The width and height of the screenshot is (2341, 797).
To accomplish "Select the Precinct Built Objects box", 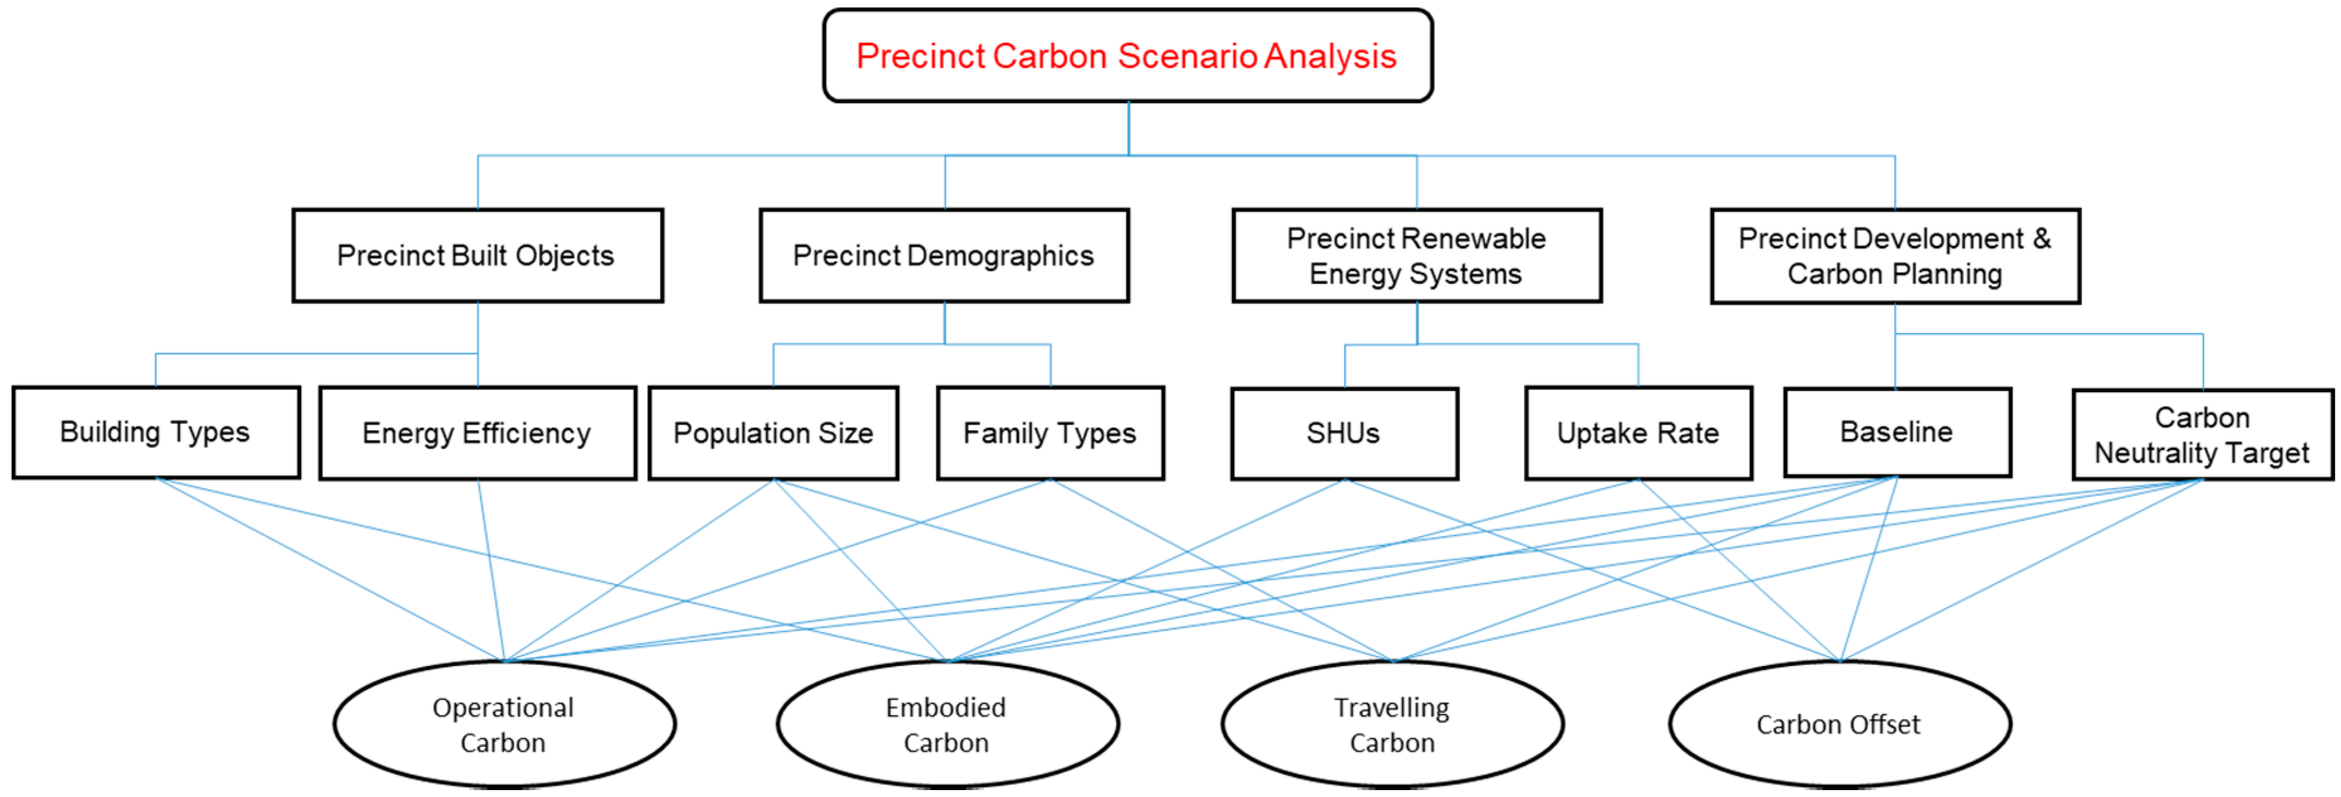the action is (477, 256).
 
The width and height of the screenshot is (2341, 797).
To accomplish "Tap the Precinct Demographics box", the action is (944, 256).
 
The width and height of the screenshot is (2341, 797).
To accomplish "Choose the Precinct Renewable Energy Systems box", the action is (1417, 256).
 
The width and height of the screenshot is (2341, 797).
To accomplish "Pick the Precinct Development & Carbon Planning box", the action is (1895, 256).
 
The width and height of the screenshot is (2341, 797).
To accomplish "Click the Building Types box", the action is (156, 432).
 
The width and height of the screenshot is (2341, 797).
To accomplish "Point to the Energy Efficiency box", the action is (477, 432).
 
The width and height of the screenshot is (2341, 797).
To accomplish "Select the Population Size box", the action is (773, 432).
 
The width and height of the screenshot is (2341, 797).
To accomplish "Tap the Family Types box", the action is (1050, 432).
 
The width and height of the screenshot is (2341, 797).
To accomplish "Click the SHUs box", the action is (1344, 432).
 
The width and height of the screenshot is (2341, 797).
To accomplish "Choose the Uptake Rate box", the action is (1638, 432).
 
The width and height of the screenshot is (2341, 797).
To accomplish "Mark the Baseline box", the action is (1896, 432).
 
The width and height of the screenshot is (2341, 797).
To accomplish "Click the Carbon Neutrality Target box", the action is (2202, 434).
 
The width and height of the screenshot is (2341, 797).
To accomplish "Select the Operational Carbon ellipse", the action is (504, 725).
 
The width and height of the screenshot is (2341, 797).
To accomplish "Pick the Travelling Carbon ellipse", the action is (1392, 725).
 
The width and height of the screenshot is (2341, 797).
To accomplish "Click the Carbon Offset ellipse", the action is (1839, 725).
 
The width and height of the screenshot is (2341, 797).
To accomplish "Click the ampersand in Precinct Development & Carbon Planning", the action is (2042, 238).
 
